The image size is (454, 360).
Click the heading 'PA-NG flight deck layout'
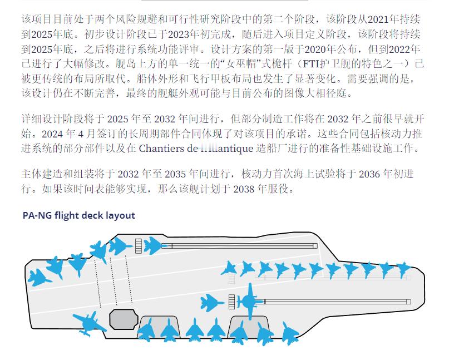point(78,215)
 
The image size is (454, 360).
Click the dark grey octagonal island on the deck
point(123,319)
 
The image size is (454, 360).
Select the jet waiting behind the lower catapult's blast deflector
point(212,303)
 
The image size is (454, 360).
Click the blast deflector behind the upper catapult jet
point(138,245)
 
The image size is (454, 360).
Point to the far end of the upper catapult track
point(315,245)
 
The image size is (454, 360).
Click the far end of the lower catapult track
point(409,302)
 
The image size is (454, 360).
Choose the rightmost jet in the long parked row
point(402,270)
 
